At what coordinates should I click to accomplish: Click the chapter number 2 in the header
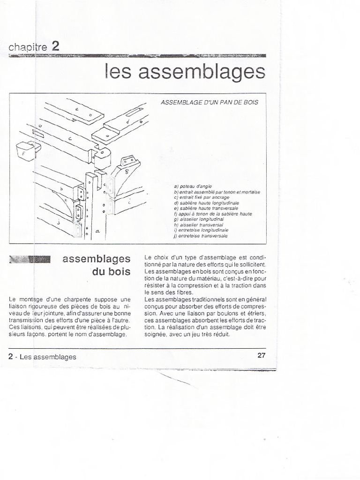tap(55, 46)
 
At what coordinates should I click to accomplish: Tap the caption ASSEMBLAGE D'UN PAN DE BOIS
tap(209, 102)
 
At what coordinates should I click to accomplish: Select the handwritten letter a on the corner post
tap(97, 231)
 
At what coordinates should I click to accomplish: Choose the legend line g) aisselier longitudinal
tap(199, 219)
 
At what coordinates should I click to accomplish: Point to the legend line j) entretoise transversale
tap(201, 236)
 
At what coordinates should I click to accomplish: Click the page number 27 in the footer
tap(262, 355)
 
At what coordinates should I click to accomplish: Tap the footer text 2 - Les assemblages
tap(42, 357)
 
